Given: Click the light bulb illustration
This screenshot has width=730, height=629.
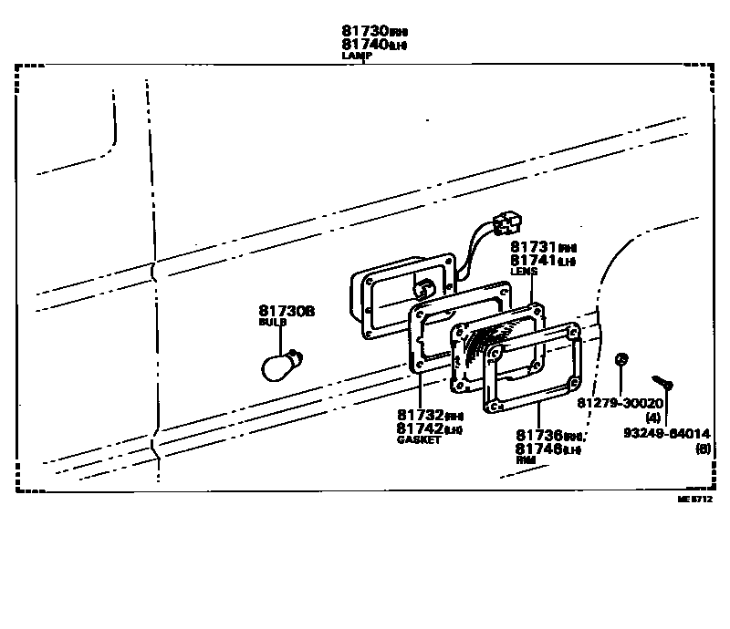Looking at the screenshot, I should tap(276, 366).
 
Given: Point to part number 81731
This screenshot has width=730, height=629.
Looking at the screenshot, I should tap(532, 247).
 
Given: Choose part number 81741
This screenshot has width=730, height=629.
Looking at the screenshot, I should tap(532, 260).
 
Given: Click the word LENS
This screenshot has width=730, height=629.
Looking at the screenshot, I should tap(523, 271).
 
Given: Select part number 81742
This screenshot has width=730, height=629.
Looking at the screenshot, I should tap(418, 428).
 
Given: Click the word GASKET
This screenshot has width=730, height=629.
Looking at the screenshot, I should tap(418, 439).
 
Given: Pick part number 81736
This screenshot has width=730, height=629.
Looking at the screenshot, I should tap(538, 436).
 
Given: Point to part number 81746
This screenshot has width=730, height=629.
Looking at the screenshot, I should tap(538, 449).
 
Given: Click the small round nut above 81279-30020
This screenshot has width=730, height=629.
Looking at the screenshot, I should tap(620, 359).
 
